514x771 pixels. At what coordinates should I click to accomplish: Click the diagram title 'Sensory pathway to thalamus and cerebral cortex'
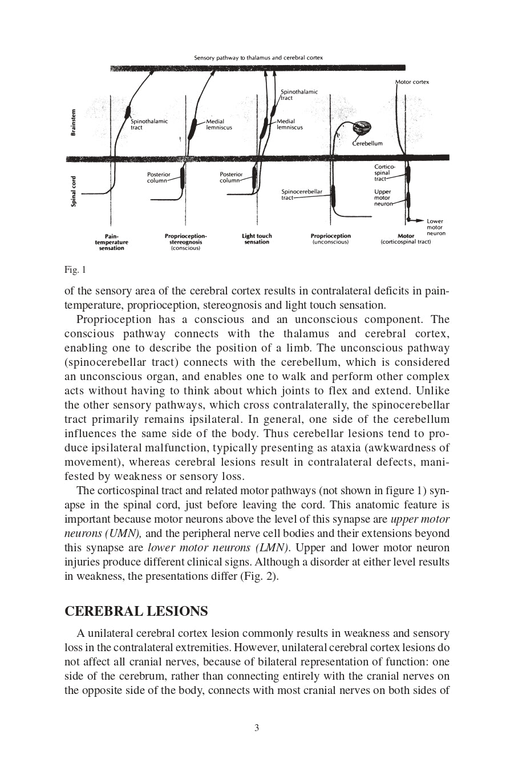pyautogui.click(x=258, y=58)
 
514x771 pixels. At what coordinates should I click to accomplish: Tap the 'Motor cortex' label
pyautogui.click(x=412, y=82)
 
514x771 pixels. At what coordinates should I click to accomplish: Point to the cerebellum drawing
pyautogui.click(x=362, y=128)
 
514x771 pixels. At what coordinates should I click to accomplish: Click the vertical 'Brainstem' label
pyautogui.click(x=74, y=122)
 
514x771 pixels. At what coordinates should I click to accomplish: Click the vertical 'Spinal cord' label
pyautogui.click(x=74, y=191)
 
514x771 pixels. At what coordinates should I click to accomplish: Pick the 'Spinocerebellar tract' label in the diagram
pyautogui.click(x=301, y=195)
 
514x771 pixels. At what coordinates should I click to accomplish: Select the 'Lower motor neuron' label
pyautogui.click(x=435, y=227)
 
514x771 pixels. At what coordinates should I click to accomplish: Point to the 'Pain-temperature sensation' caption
pyautogui.click(x=111, y=242)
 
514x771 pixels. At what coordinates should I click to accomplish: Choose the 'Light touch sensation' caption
pyautogui.click(x=257, y=239)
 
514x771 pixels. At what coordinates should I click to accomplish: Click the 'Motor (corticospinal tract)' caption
pyautogui.click(x=406, y=239)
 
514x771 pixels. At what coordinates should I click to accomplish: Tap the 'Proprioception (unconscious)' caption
pyautogui.click(x=330, y=239)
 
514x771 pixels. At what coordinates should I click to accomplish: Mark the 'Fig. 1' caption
pyautogui.click(x=75, y=270)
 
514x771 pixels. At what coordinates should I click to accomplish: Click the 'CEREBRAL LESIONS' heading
pyautogui.click(x=136, y=611)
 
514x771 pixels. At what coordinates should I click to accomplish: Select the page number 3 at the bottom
pyautogui.click(x=257, y=728)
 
